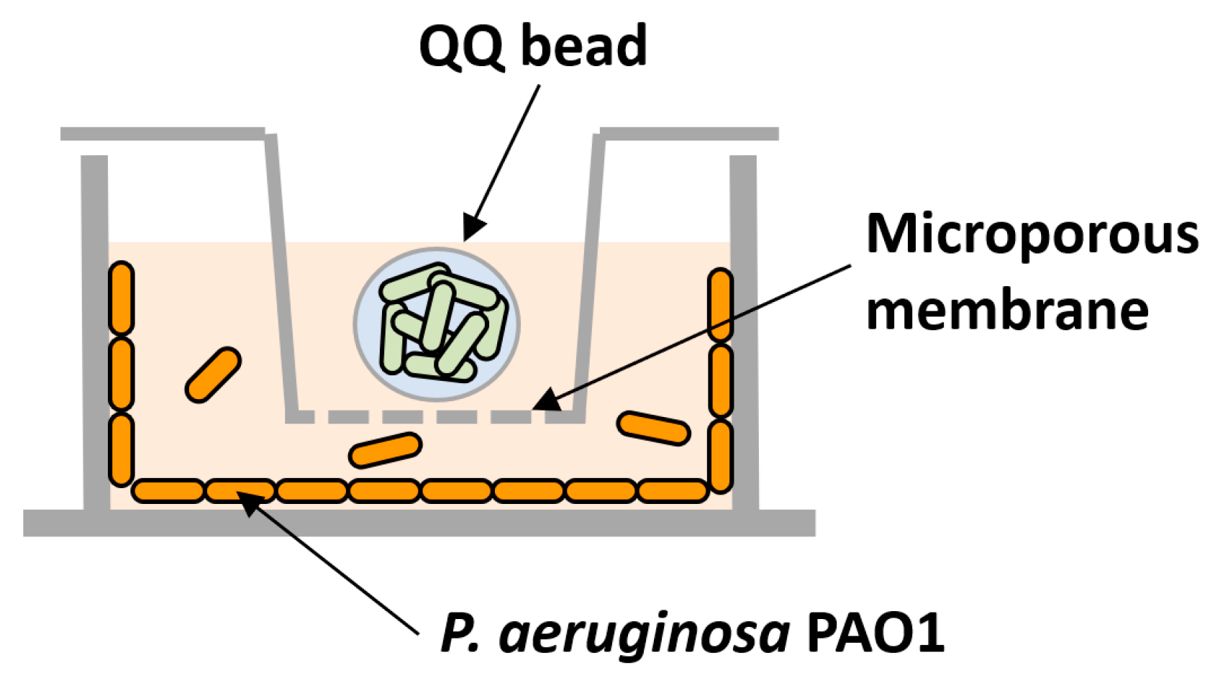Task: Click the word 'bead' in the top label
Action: click(x=583, y=45)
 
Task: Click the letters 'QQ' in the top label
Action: click(x=461, y=47)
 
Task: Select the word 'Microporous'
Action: click(x=1032, y=234)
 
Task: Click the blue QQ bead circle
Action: click(x=437, y=324)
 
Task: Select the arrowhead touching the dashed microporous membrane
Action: click(x=545, y=400)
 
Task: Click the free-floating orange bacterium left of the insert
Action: click(x=213, y=375)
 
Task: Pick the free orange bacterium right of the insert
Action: click(x=653, y=428)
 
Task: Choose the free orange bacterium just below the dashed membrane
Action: click(x=385, y=450)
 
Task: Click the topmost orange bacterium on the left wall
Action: click(x=122, y=298)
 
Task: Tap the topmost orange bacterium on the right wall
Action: click(x=720, y=304)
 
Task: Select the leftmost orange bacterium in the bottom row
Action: click(x=168, y=491)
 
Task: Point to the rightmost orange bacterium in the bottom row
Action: click(x=673, y=491)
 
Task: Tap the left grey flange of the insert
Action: click(x=163, y=134)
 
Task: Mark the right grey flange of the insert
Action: click(x=689, y=134)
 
